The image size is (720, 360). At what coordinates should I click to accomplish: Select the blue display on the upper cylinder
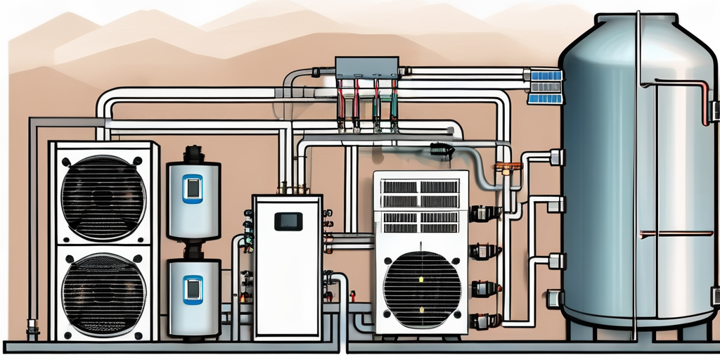coord(193,188)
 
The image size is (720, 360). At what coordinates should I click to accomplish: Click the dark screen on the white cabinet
coord(288,221)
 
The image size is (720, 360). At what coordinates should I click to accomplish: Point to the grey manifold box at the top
coord(367,67)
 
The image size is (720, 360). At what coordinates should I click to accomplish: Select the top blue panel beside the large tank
coord(546,76)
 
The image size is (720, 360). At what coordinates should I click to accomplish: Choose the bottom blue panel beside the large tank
coord(546,98)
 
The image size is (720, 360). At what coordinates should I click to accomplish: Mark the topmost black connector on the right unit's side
coord(482,214)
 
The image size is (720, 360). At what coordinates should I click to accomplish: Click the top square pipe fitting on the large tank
coord(556,157)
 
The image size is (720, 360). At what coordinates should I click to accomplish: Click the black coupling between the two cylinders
coord(193,250)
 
